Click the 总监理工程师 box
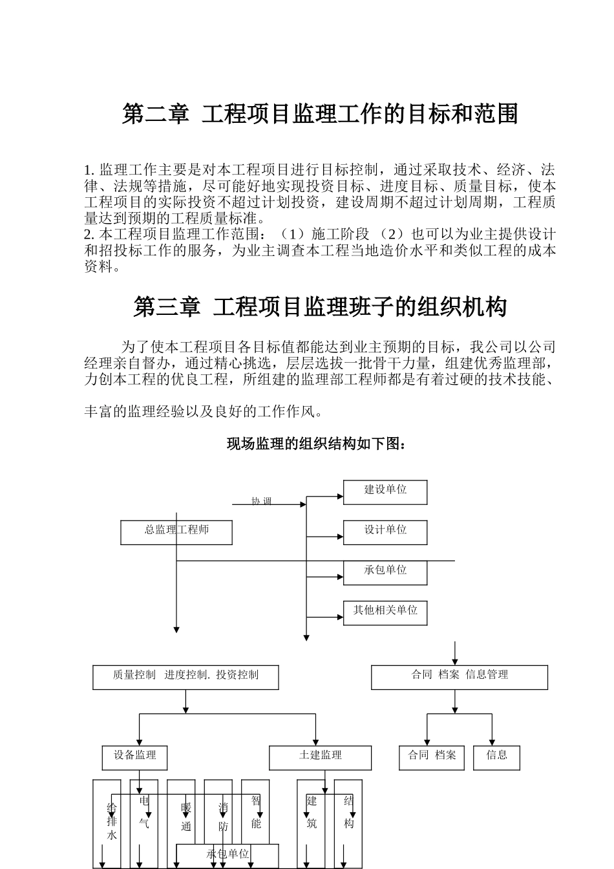point(176,531)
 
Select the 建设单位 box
point(385,492)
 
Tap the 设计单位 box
point(385,532)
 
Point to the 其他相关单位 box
point(385,612)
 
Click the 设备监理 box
point(134,757)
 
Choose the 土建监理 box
point(320,757)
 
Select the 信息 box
point(496,757)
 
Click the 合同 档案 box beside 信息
point(432,757)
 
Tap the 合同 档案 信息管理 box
point(459,677)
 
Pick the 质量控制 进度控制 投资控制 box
point(185,677)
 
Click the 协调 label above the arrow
point(261,500)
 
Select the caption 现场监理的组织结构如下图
point(316,444)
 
